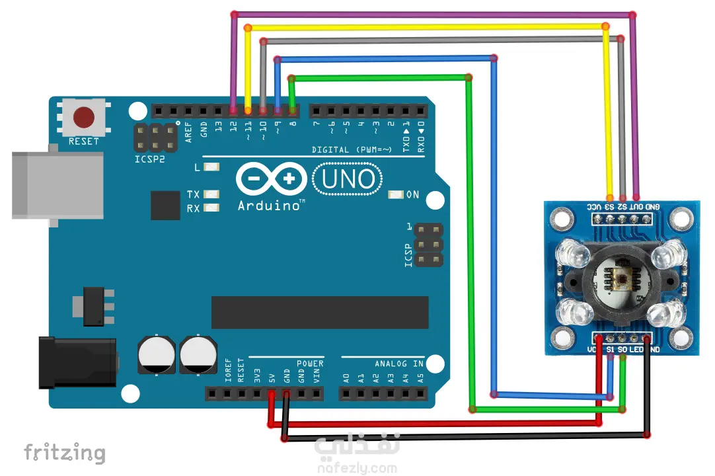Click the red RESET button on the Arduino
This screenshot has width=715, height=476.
click(83, 118)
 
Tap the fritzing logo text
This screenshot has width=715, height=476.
click(64, 453)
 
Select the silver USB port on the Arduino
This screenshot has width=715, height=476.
click(57, 184)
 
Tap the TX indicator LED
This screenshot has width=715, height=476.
click(211, 194)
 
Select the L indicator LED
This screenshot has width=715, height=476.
click(211, 168)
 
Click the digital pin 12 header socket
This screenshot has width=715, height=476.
click(233, 110)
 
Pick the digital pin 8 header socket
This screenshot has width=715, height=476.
click(293, 110)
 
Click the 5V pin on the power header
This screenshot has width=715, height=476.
click(272, 395)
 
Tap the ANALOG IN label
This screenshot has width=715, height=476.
click(399, 364)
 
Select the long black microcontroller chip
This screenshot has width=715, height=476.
click(320, 312)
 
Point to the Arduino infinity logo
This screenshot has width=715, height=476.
click(271, 179)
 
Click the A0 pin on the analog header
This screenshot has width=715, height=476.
click(346, 395)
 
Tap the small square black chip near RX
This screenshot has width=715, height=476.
click(165, 205)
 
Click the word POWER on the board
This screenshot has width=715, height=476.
click(310, 364)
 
